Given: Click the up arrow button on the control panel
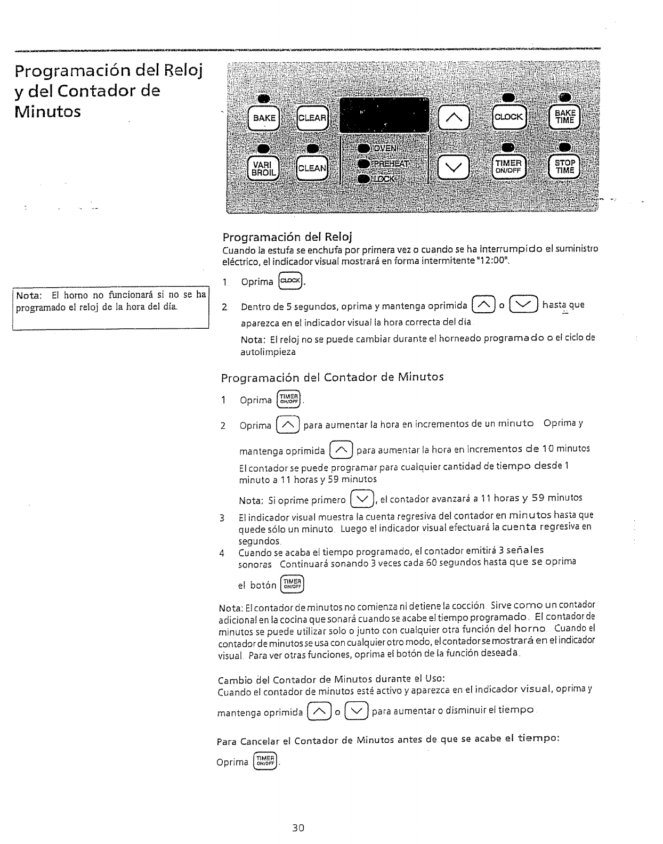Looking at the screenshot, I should [x=453, y=118].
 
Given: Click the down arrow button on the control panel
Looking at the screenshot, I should [x=453, y=168].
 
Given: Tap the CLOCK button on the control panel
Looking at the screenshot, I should [x=509, y=117].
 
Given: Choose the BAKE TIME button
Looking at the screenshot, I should [x=565, y=117].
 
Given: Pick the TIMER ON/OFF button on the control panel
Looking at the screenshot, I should [x=509, y=167].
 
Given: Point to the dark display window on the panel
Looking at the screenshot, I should [x=385, y=116].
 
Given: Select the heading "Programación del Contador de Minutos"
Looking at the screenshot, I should [x=332, y=377].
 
